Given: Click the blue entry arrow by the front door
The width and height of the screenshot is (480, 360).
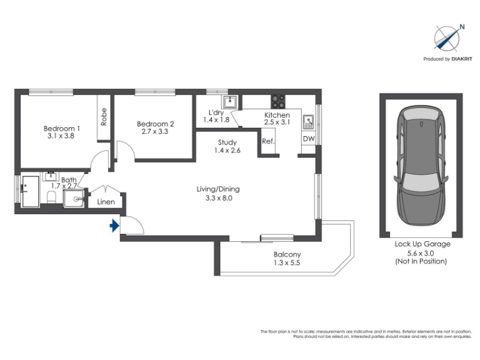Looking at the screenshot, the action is (x=115, y=226).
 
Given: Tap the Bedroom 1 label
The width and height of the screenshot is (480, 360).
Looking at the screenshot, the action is (x=62, y=128).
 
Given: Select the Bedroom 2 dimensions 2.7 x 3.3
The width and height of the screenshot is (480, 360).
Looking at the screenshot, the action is (x=155, y=131).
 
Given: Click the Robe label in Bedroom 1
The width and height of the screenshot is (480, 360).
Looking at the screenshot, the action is (x=104, y=116).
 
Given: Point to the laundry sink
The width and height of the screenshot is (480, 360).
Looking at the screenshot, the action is (x=229, y=101).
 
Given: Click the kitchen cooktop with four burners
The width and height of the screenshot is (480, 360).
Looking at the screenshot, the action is (x=278, y=101).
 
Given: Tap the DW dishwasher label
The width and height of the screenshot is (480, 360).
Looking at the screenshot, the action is (x=308, y=139).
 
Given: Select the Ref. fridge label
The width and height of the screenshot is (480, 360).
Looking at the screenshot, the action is (x=268, y=141).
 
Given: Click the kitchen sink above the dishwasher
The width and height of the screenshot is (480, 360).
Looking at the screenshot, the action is (x=308, y=122).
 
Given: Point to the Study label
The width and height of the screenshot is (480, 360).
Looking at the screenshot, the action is (x=227, y=142).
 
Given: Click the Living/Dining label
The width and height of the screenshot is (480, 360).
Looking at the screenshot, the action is (x=218, y=189).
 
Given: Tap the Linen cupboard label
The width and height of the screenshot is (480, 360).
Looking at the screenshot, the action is (x=106, y=202).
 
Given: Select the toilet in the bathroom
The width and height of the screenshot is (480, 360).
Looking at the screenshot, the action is (x=52, y=197).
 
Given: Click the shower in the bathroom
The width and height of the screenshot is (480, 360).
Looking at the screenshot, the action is (x=74, y=199).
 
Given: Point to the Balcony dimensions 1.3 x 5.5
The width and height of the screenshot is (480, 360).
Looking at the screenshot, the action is (x=287, y=263).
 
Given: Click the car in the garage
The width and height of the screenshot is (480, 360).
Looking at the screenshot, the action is (x=421, y=166).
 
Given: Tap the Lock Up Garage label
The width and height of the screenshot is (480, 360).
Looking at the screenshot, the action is (x=422, y=244).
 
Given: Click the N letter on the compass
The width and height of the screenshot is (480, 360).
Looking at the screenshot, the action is (x=462, y=27).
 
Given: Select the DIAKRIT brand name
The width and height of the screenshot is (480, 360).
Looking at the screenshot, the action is (x=462, y=59).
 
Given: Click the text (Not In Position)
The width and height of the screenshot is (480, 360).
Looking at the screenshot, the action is (x=421, y=261).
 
